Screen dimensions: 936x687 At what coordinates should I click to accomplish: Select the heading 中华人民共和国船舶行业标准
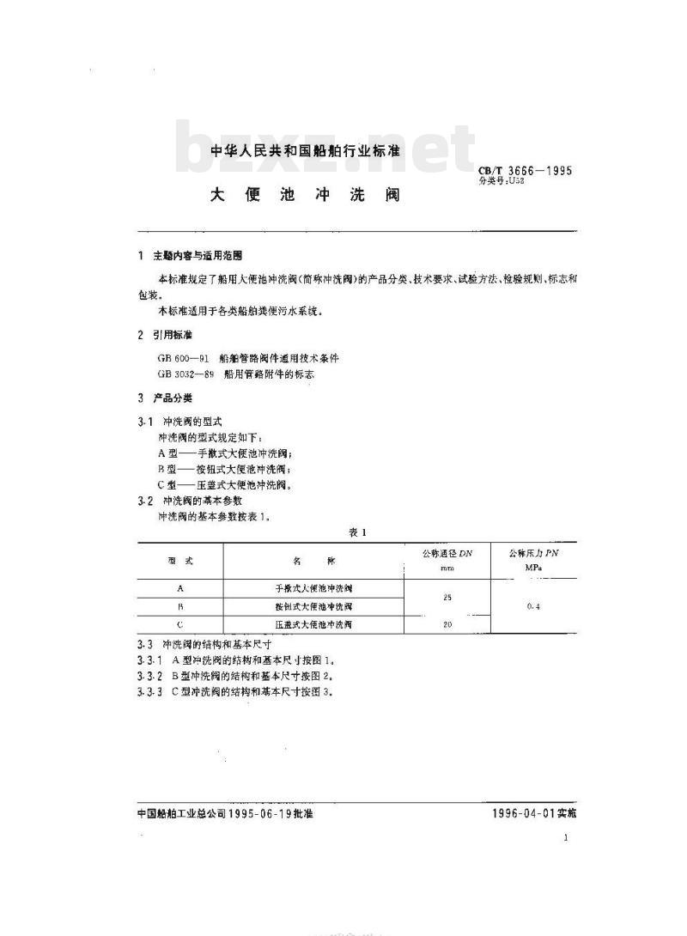306,151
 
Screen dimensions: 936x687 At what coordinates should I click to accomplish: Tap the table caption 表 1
356,532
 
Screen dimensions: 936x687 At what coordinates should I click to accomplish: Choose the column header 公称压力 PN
533,554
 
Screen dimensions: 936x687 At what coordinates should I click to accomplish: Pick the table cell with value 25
447,597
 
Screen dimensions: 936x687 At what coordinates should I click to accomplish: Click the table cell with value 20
447,625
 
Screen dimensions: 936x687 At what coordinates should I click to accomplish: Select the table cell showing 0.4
533,606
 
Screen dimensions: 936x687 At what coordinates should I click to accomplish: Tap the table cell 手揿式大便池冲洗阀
313,588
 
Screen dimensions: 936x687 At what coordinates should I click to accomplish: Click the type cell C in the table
179,625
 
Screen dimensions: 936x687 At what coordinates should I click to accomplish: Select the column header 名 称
313,560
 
